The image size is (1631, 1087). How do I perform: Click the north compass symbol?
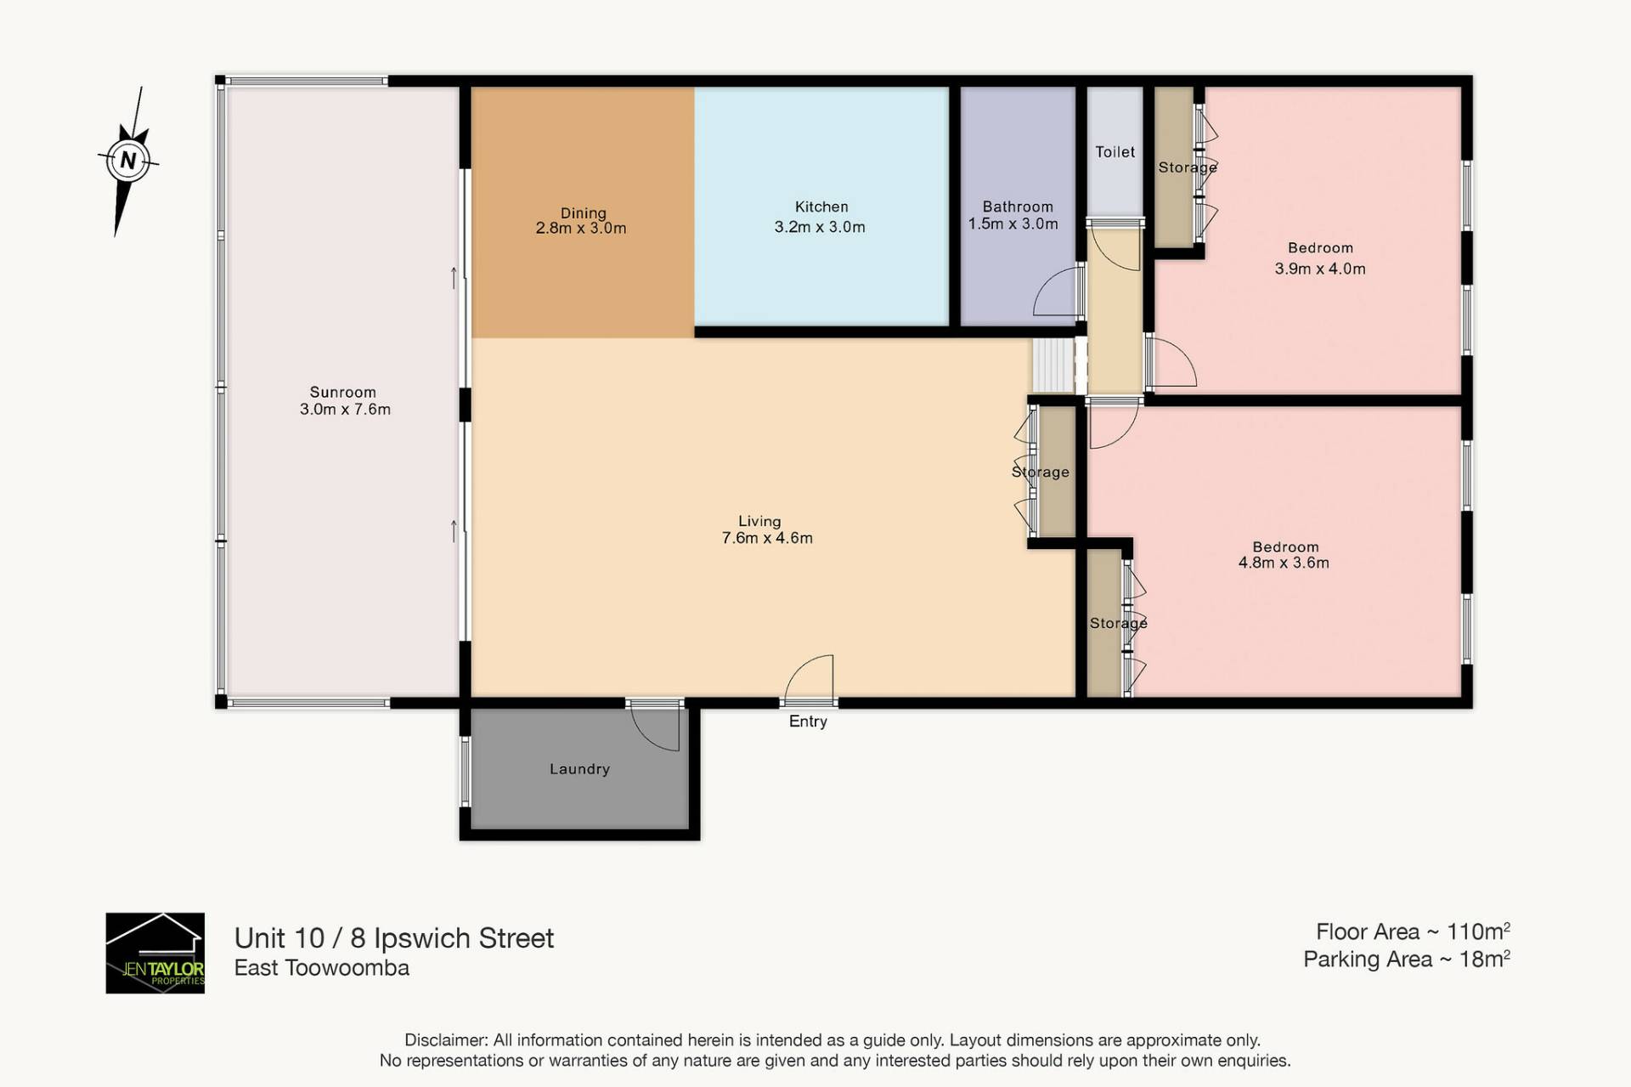(128, 161)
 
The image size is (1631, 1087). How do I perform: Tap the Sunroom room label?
(342, 392)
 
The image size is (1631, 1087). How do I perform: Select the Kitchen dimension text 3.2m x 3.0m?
(820, 227)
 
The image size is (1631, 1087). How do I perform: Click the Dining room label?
(583, 212)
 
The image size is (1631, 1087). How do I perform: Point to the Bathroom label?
(1018, 207)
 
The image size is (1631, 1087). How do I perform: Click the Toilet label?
(1115, 152)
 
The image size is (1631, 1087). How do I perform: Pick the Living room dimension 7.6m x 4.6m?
(767, 538)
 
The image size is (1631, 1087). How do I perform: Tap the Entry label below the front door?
(808, 722)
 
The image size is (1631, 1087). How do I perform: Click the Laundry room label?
(579, 769)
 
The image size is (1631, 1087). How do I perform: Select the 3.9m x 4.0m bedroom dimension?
(1320, 269)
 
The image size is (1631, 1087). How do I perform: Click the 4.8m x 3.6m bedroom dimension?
(1284, 563)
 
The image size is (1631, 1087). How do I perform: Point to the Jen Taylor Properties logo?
(155, 953)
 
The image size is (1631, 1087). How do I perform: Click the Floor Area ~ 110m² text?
(1413, 931)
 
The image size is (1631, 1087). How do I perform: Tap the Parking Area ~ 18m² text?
(1407, 959)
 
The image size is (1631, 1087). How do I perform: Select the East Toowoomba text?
(322, 968)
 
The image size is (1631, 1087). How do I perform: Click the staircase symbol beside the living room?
(1054, 366)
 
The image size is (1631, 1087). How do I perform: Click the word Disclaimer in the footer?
(445, 1040)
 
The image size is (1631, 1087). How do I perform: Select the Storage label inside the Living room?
(1040, 472)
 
